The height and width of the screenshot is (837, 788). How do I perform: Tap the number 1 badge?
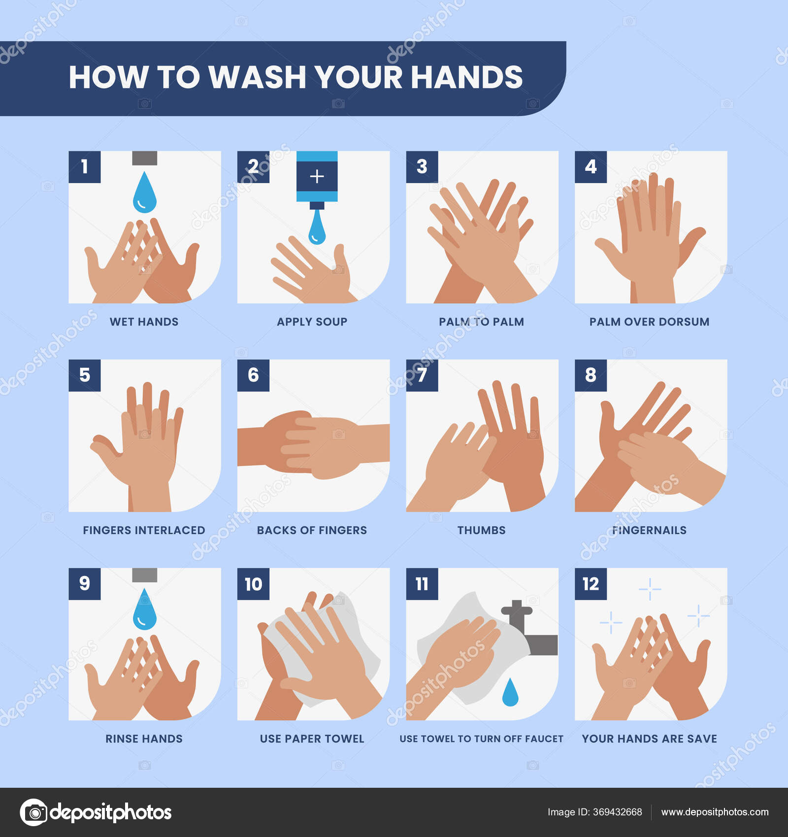(x=84, y=167)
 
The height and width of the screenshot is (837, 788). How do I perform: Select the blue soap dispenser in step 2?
(x=317, y=177)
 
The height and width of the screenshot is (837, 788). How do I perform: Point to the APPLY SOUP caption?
(x=312, y=322)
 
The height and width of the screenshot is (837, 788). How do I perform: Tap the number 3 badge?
(x=422, y=167)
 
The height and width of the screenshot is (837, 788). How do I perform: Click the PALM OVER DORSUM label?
(x=649, y=322)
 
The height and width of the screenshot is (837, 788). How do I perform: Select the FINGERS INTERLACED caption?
(x=144, y=530)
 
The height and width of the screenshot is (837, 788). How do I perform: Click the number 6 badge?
(x=253, y=375)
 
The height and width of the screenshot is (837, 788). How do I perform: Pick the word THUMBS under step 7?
(x=481, y=530)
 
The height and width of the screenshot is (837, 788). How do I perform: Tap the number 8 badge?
(x=591, y=375)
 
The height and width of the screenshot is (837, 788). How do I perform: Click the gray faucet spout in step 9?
(x=144, y=575)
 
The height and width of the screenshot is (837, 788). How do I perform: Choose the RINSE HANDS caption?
(x=144, y=739)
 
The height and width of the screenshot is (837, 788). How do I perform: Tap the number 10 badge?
(x=253, y=584)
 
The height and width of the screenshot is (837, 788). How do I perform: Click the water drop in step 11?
(x=510, y=693)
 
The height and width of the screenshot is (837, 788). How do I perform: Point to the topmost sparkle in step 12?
(x=650, y=589)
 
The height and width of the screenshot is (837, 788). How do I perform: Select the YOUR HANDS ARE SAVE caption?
(x=649, y=739)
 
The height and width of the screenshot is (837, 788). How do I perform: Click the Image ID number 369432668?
(x=617, y=812)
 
